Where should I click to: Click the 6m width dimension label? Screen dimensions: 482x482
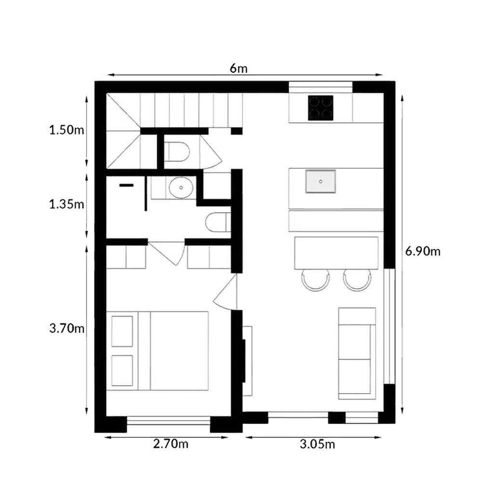pos(239,68)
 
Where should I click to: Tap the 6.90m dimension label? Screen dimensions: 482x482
pos(423,252)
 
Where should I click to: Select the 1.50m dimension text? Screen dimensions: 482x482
pos(67,130)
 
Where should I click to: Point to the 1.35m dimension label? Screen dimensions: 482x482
pos(67,204)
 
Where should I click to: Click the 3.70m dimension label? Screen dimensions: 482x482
pos(67,329)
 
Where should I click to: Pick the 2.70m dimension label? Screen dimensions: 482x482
pos(171,443)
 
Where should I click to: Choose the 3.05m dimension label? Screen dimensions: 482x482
pos(317,444)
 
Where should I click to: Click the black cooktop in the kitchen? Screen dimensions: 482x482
pos(321,108)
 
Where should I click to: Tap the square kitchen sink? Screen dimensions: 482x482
pos(321,181)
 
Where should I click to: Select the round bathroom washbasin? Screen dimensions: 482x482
pos(181,187)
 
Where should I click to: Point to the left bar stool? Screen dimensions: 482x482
pos(315,280)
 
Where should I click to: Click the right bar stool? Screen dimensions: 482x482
pos(357,280)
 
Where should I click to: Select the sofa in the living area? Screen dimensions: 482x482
pos(357,353)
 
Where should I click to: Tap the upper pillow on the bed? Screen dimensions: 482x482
pos(122,331)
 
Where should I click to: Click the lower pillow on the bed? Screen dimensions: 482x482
pos(122,370)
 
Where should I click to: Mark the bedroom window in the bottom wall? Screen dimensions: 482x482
pos(168,420)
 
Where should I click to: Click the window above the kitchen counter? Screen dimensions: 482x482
pos(321,87)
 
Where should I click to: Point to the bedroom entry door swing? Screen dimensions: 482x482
pos(225,292)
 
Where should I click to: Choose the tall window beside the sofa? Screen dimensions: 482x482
pos(389,326)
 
